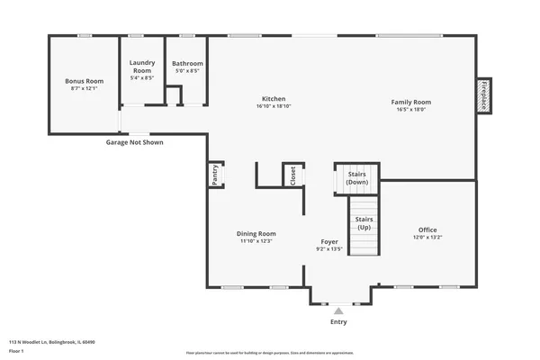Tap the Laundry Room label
point(143,67)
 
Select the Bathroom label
point(188,64)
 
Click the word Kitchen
point(274,98)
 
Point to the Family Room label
point(411,103)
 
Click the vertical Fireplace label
point(482,94)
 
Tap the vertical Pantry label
point(215,174)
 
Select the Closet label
point(292,175)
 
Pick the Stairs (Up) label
point(364,223)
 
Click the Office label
point(427,229)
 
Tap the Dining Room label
point(256,233)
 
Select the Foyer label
point(330,242)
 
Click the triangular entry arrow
point(338,310)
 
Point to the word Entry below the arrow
point(338,321)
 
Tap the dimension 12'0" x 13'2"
point(427,237)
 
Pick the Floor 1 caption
point(16,351)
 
